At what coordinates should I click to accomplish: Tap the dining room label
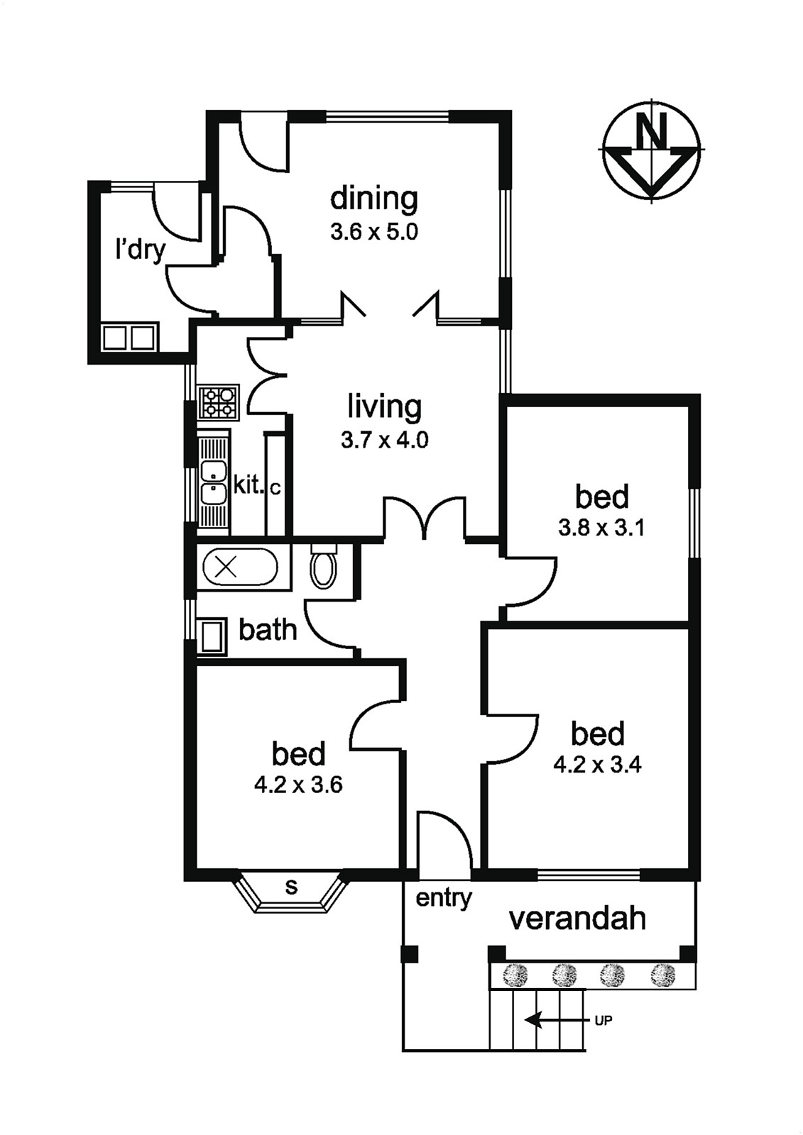[374, 199]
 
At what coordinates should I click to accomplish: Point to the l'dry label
[140, 251]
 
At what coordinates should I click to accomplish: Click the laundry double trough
[129, 337]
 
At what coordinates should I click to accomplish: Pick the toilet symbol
[323, 566]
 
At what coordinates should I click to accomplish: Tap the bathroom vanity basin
[212, 636]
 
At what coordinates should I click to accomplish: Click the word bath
[268, 631]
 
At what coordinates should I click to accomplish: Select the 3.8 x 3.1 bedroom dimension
[601, 529]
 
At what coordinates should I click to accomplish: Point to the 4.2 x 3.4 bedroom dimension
[598, 765]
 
